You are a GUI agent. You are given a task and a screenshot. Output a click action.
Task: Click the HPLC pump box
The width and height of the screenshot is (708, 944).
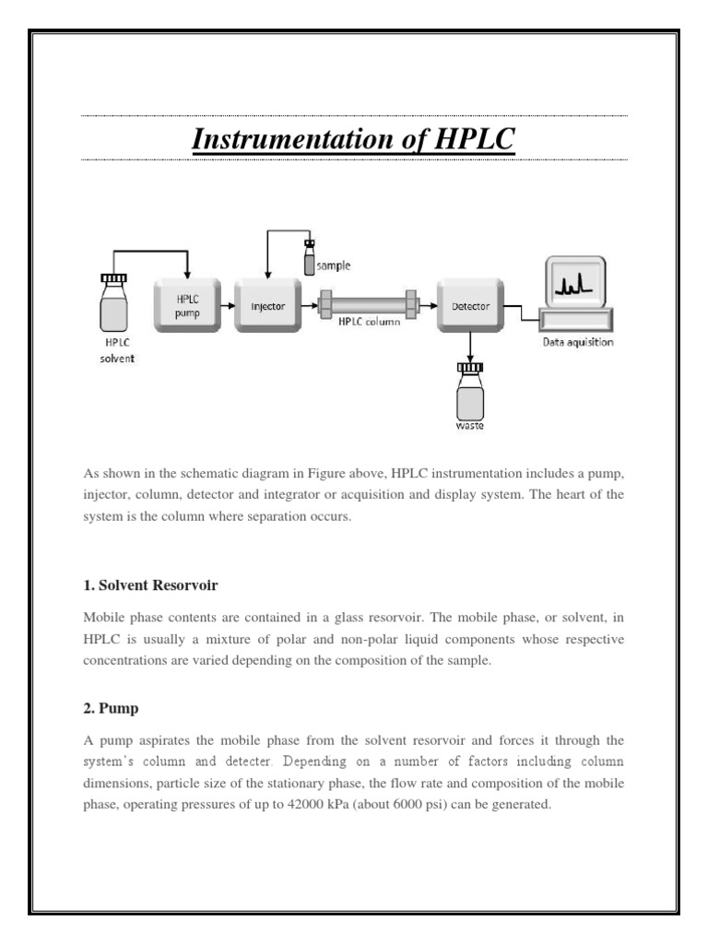[x=187, y=305]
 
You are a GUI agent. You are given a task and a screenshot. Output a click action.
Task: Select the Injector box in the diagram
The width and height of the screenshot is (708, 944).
[x=267, y=305]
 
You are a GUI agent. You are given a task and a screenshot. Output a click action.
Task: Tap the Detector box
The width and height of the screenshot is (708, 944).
[x=470, y=305]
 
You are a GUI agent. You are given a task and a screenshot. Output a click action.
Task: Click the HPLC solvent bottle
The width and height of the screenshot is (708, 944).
[x=114, y=304]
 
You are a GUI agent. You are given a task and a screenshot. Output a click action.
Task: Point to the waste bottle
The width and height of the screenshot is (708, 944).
[x=470, y=395]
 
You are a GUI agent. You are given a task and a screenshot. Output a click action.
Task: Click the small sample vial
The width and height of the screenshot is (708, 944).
[x=309, y=258]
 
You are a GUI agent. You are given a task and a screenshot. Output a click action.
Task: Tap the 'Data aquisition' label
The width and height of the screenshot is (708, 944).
[x=577, y=343]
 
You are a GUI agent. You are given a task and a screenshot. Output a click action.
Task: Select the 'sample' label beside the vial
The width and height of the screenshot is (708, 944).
[x=334, y=265]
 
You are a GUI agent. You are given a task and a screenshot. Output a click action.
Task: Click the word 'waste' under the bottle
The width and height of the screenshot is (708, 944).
[x=470, y=427]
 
